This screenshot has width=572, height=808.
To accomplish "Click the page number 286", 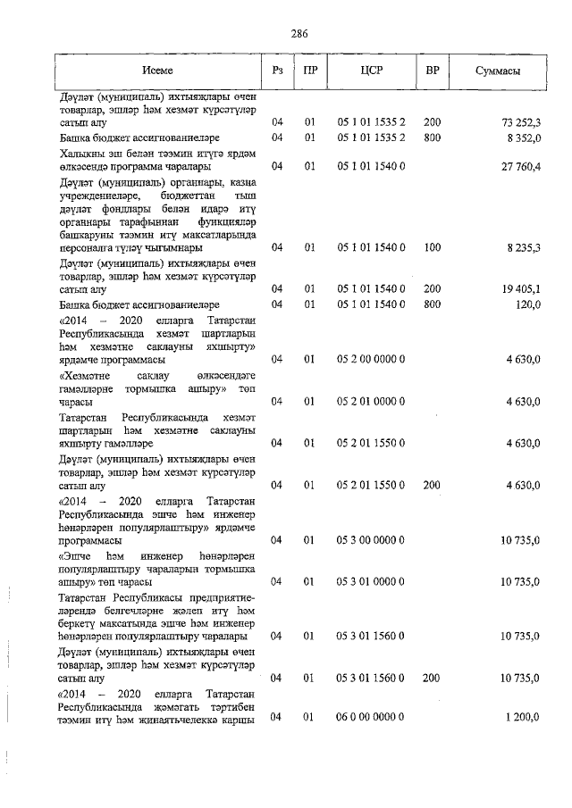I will tap(299, 34).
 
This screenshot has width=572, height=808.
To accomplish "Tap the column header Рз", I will tap(277, 70).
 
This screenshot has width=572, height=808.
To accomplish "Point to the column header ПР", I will tap(310, 70).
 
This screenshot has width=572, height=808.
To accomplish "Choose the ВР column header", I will tap(432, 70).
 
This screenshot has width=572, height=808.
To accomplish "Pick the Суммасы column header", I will tap(498, 70).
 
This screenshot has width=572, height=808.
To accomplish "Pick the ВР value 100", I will tap(432, 247).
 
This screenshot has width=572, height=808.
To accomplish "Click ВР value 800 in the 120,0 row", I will tap(432, 305).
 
